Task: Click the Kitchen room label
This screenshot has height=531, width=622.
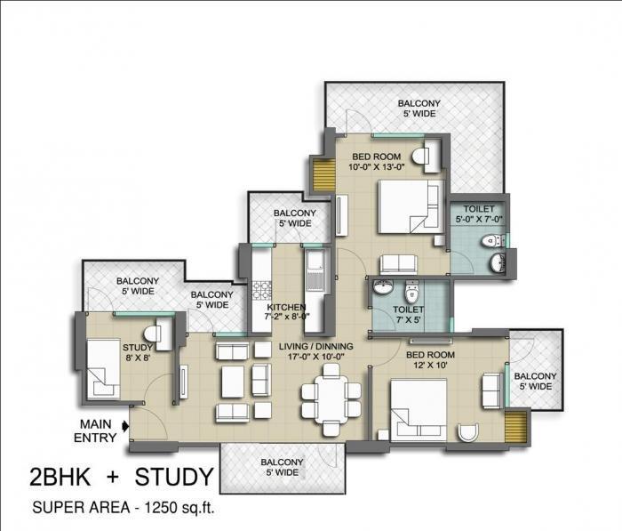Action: coord(286,311)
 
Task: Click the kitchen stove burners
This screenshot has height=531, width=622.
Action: coord(263,290)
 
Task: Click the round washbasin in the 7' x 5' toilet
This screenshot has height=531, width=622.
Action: coord(383,289)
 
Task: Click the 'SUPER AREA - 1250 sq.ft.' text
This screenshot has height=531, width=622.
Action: coord(124,510)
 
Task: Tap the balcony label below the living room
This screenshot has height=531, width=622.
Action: coord(282,467)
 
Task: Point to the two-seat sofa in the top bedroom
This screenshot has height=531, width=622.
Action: coord(395,265)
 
